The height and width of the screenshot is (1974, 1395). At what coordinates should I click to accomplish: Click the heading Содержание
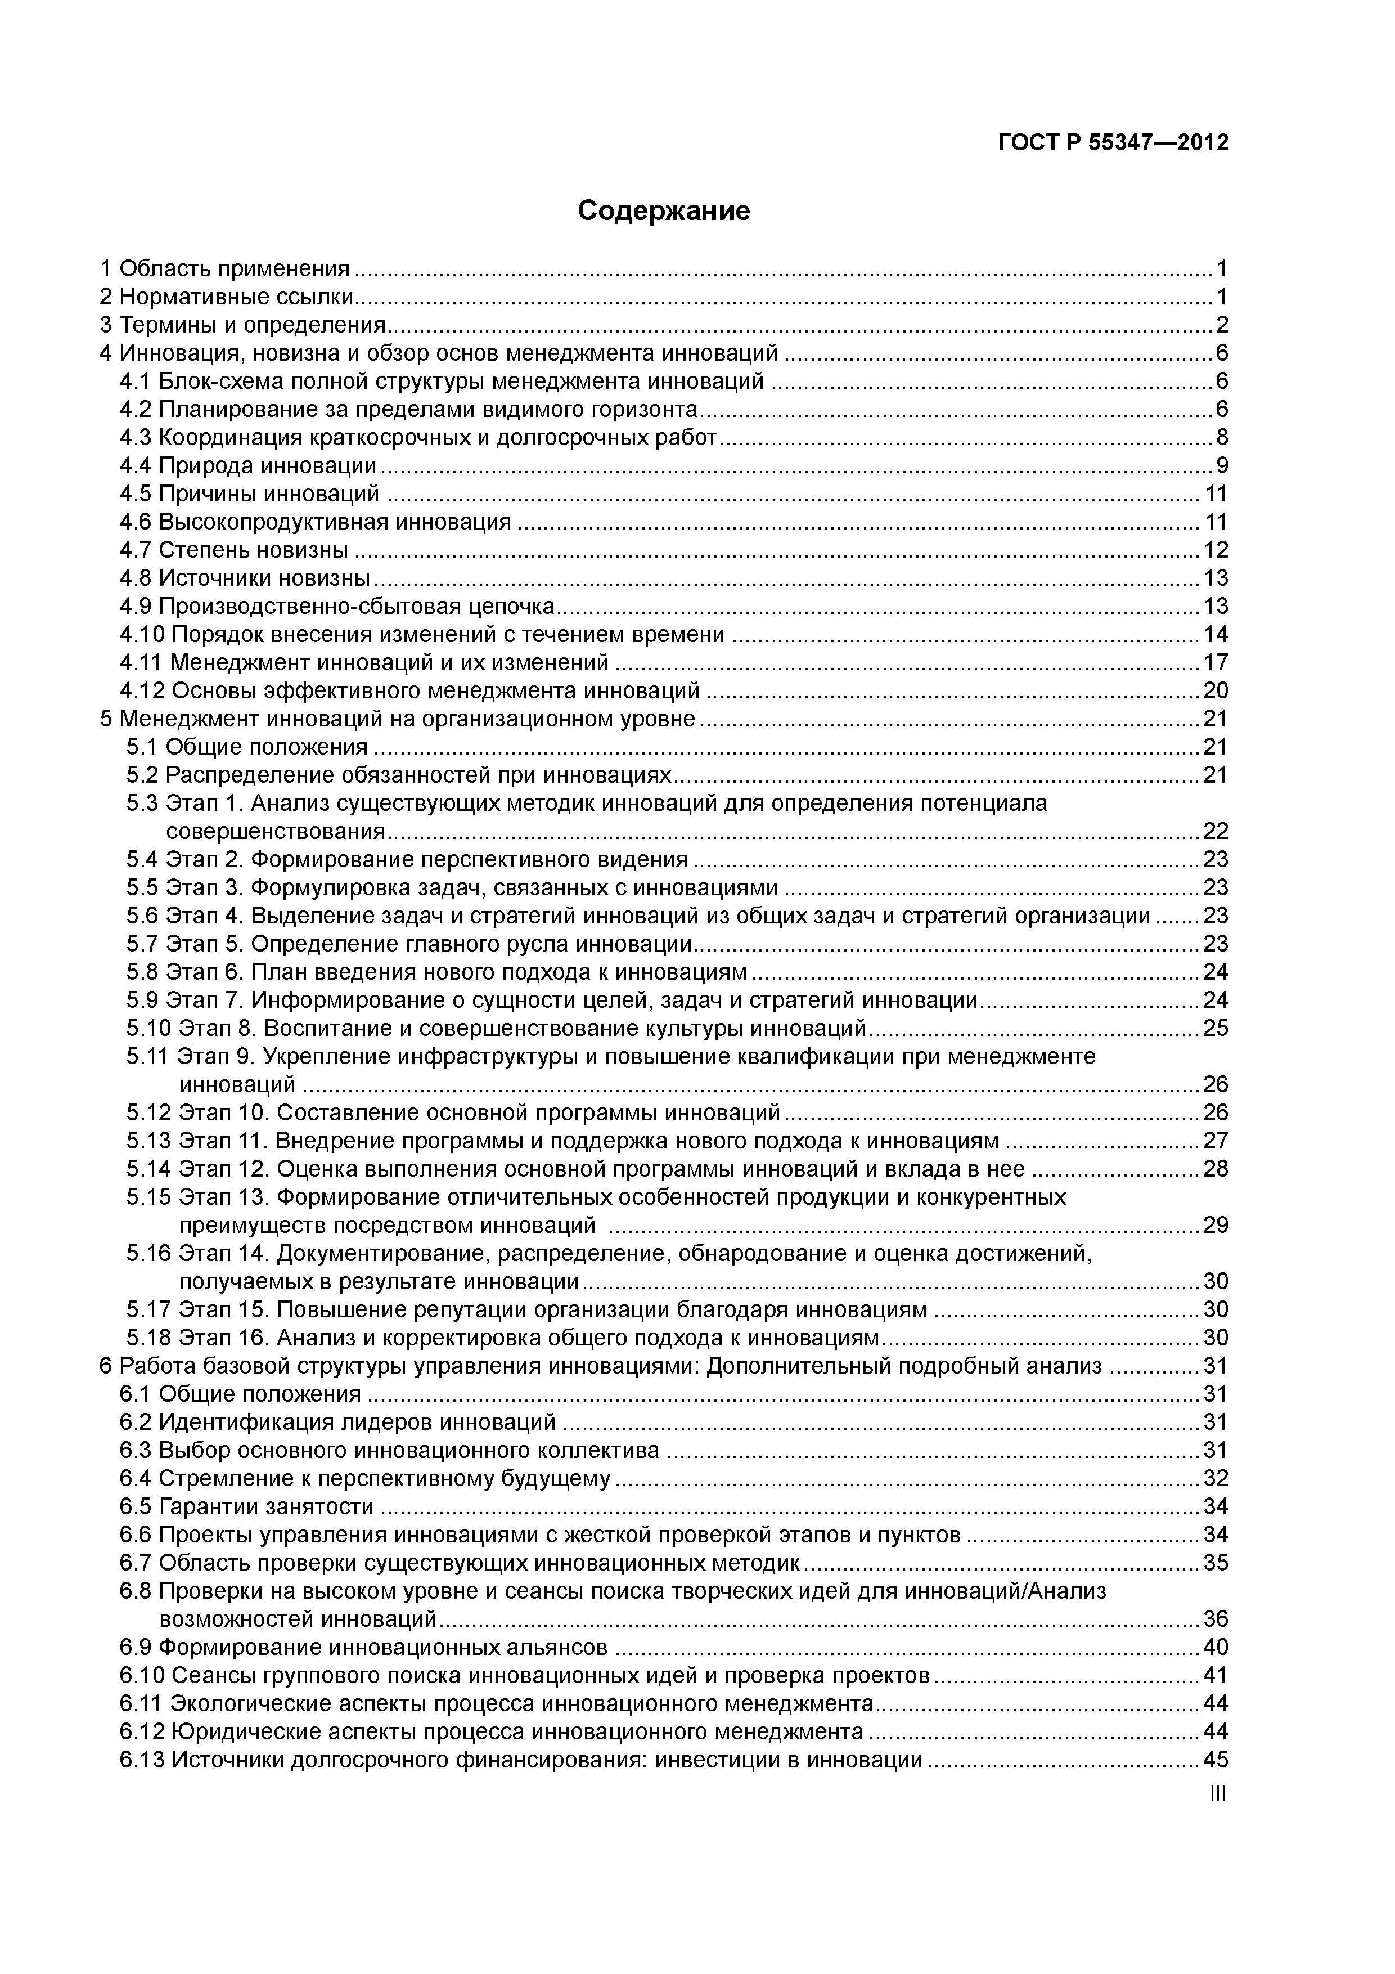point(664,210)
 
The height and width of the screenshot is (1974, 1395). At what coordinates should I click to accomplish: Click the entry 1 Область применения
point(225,269)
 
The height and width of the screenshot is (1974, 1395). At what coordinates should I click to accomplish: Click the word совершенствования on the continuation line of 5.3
point(275,831)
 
